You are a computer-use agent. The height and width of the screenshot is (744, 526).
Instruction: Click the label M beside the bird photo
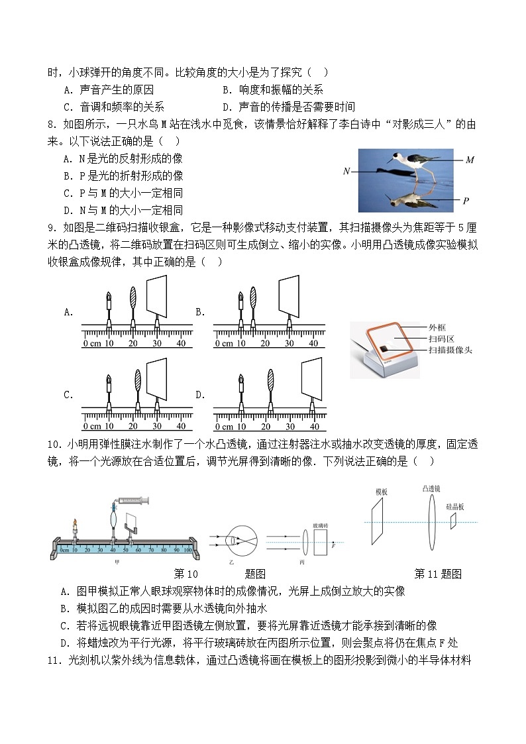470,160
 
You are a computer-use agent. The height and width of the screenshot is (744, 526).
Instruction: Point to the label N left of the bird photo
346,171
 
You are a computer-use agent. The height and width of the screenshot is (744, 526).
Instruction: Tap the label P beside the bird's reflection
466,201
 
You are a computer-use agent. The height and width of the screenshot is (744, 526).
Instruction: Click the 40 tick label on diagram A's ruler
181,343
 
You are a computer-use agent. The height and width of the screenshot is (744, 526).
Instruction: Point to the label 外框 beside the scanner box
437,327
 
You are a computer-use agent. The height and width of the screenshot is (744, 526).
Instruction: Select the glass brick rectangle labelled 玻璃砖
320,541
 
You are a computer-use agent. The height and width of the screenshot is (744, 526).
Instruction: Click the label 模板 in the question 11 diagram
381,492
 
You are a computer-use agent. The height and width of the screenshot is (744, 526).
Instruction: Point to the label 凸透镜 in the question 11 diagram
431,488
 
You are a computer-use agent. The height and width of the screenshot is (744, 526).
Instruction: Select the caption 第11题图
438,574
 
